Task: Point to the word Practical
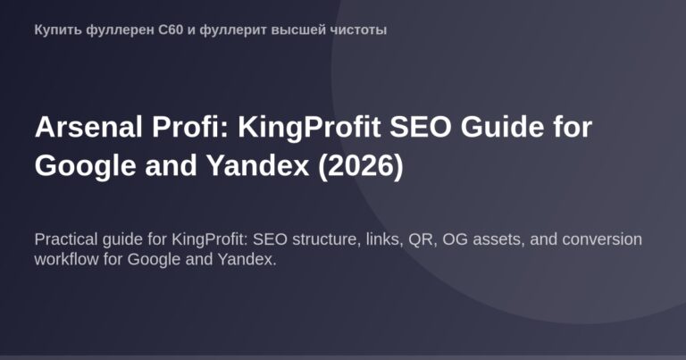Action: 68,240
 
